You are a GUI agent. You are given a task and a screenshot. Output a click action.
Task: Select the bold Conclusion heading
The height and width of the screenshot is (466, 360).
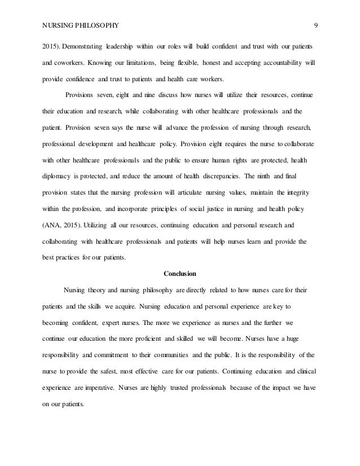coord(179,275)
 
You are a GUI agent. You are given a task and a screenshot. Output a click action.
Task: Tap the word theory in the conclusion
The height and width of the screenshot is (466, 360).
coord(100,293)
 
